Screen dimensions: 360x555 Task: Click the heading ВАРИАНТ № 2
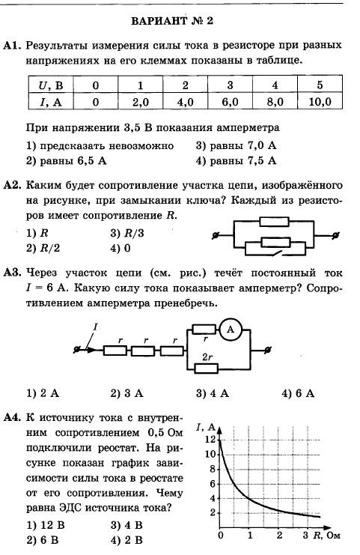pyautogui.click(x=172, y=21)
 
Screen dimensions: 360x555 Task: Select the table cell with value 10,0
pyautogui.click(x=320, y=102)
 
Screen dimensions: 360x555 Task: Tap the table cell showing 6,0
pyautogui.click(x=230, y=102)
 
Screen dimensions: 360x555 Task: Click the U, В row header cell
pyautogui.click(x=51, y=85)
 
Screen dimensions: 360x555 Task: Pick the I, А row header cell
pyautogui.click(x=51, y=102)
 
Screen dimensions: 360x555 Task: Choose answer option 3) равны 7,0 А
pyautogui.click(x=236, y=145)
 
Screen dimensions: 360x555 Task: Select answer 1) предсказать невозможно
pyautogui.click(x=100, y=145)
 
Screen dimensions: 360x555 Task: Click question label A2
pyautogui.click(x=13, y=185)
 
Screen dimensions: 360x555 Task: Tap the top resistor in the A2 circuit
pyautogui.click(x=275, y=222)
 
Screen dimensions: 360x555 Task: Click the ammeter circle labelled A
pyautogui.click(x=231, y=330)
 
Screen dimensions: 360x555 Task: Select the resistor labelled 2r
pyautogui.click(x=206, y=369)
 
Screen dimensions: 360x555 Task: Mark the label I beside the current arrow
pyautogui.click(x=95, y=327)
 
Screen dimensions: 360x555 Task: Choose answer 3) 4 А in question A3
pyautogui.click(x=213, y=393)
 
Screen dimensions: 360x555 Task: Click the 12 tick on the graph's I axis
pyautogui.click(x=210, y=439)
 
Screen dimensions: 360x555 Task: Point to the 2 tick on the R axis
pyautogui.click(x=279, y=536)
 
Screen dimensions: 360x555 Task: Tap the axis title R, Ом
pyautogui.click(x=327, y=536)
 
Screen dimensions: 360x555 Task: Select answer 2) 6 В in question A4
pyautogui.click(x=43, y=540)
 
